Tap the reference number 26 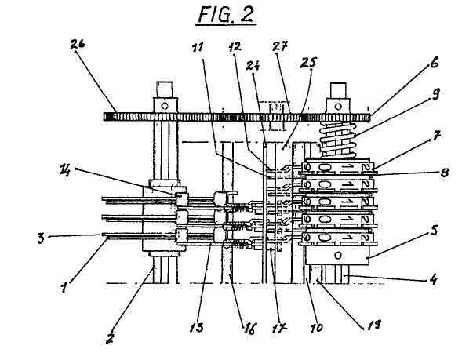(x=78, y=44)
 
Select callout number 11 (x=198, y=47)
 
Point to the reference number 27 (x=279, y=46)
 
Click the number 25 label (x=308, y=63)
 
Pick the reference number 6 (x=435, y=63)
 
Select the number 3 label (x=42, y=238)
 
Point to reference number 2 (x=109, y=339)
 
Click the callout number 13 (x=197, y=327)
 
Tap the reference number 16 (x=249, y=329)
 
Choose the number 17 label (x=280, y=327)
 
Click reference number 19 (x=373, y=325)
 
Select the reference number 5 (x=435, y=231)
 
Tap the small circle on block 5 (x=338, y=255)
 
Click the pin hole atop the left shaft (x=165, y=106)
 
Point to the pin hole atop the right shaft (x=338, y=106)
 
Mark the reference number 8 (x=445, y=173)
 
